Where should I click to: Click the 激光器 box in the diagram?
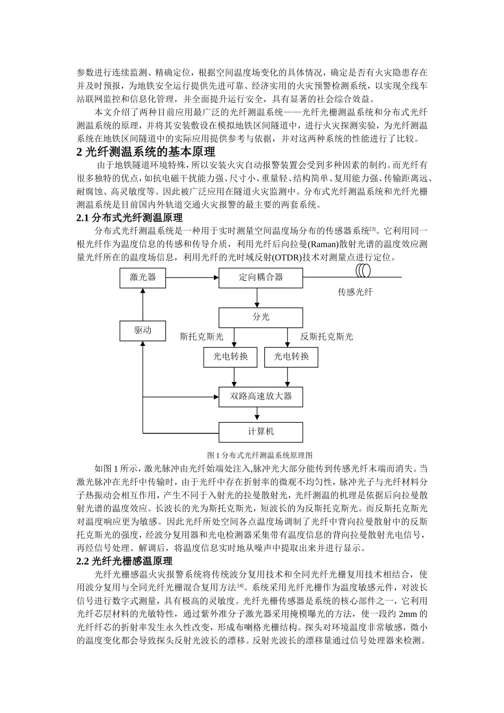143,277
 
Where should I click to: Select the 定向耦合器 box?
260,277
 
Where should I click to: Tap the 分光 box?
260,317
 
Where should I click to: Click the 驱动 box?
143,330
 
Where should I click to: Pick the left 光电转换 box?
230,357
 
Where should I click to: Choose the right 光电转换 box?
291,357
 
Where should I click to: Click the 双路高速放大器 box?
260,396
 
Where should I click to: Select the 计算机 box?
260,432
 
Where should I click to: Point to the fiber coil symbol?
363,272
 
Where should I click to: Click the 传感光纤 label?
355,292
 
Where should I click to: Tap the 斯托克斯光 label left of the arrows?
202,336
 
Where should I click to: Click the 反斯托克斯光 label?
326,336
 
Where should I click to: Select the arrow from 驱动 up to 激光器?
143,305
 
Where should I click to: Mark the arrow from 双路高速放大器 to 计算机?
260,414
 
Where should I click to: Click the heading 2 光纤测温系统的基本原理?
146,153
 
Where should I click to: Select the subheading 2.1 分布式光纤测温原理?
129,218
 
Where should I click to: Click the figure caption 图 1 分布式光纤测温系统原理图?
260,455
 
